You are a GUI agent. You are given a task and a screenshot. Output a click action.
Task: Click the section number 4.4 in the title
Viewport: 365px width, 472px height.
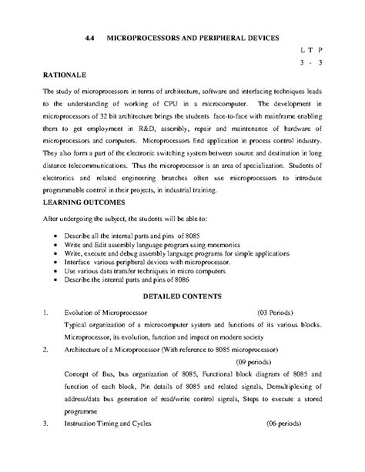[x=91, y=37]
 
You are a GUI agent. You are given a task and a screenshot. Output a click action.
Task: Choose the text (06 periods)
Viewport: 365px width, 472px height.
[x=290, y=424]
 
